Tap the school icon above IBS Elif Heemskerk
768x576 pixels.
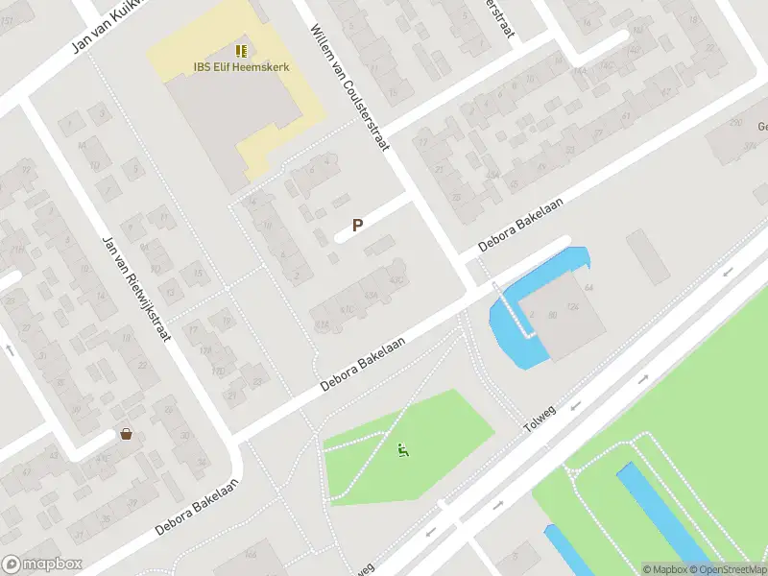pyautogui.click(x=241, y=50)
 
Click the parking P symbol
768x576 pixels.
pyautogui.click(x=357, y=226)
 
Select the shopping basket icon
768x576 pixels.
pyautogui.click(x=126, y=434)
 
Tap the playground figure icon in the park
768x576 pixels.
pyautogui.click(x=404, y=447)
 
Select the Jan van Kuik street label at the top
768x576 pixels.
pyautogui.click(x=106, y=28)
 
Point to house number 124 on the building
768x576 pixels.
pyautogui.click(x=573, y=307)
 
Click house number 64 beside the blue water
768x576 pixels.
pyautogui.click(x=588, y=288)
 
